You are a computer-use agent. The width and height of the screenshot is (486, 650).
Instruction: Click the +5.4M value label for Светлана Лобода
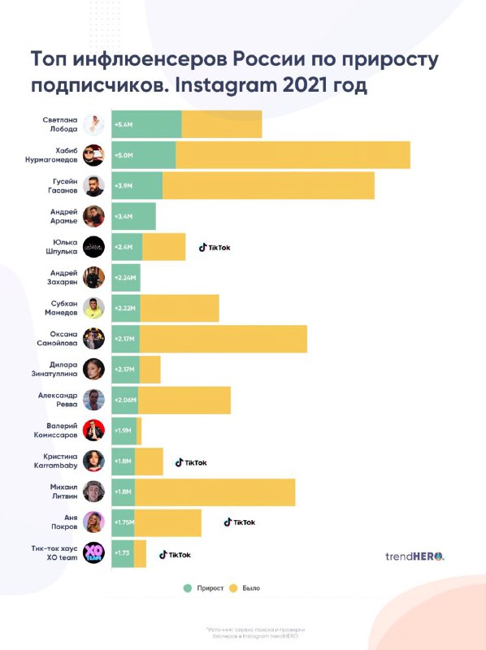(124, 125)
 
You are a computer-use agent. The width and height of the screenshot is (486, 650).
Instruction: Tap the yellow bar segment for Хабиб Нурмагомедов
(293, 155)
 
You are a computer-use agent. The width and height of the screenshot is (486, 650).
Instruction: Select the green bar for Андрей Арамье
(133, 216)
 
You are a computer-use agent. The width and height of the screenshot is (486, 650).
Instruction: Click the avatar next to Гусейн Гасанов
(94, 185)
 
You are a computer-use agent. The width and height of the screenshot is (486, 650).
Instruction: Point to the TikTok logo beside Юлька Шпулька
(215, 247)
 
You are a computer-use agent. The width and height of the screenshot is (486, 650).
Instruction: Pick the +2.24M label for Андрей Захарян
(126, 277)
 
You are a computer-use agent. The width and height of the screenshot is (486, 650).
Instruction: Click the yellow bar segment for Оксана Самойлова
(223, 338)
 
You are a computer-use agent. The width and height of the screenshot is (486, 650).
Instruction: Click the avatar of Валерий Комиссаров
(94, 430)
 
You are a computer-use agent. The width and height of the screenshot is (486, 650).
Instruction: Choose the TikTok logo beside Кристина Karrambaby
(191, 462)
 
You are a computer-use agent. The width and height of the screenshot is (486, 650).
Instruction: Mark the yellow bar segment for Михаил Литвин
(215, 492)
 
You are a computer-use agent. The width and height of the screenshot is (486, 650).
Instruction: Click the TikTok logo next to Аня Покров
(240, 522)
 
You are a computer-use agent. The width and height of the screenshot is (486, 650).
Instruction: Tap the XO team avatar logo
(94, 552)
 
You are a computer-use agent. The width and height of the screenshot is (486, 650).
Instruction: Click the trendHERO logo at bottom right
(414, 557)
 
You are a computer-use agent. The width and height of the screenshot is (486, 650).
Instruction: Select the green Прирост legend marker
(188, 587)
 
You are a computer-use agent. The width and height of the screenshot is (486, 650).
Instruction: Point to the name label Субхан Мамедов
(62, 307)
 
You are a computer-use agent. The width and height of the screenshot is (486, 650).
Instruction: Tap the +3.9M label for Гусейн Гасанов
(124, 186)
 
